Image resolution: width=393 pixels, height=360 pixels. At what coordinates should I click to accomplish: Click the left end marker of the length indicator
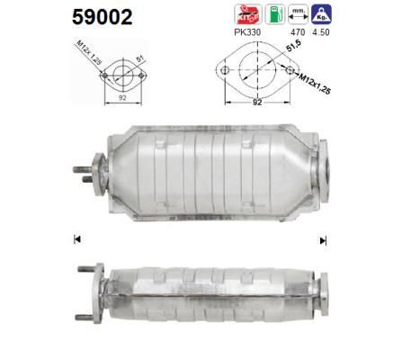77,238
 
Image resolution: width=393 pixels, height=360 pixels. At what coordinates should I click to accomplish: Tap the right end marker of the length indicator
322,240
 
